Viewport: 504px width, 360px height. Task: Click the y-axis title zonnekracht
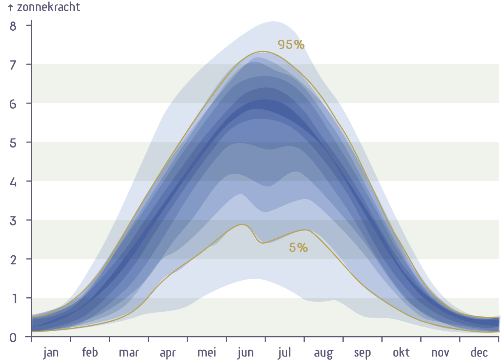click(x=48, y=7)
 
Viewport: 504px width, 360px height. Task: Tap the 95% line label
click(x=291, y=45)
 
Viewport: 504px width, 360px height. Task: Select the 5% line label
click(x=298, y=248)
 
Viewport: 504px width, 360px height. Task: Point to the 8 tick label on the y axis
click(x=13, y=26)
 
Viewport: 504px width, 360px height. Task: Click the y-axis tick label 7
click(x=13, y=65)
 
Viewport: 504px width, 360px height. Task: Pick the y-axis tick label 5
click(x=13, y=143)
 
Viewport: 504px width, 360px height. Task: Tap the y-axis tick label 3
click(x=13, y=221)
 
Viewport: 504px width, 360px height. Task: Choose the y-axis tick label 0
click(x=13, y=337)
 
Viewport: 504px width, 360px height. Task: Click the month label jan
click(x=51, y=353)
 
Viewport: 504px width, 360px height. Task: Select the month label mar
click(x=129, y=353)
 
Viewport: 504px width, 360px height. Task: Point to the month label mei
click(x=207, y=353)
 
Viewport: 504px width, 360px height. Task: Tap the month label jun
click(x=246, y=353)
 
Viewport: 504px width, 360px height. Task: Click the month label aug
click(x=323, y=353)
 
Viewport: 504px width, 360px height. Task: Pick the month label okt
click(x=401, y=353)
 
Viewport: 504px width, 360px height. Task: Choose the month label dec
click(x=479, y=353)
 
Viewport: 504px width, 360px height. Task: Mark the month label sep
click(x=362, y=353)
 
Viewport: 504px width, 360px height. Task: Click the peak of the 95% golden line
click(x=263, y=51)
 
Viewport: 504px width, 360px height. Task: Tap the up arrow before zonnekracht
click(x=11, y=8)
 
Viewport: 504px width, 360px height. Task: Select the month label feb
click(x=90, y=353)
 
